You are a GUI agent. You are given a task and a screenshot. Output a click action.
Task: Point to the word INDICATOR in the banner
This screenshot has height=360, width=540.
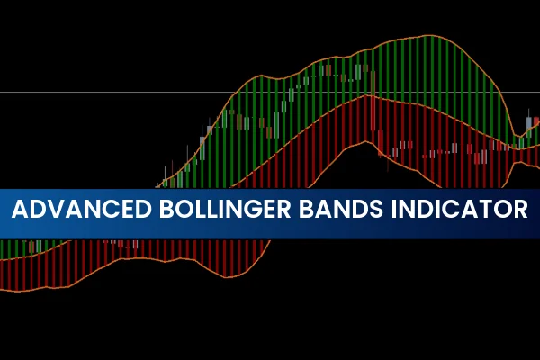pos(463,211)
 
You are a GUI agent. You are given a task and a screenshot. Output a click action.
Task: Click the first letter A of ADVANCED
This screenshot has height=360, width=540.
pos(20,211)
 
